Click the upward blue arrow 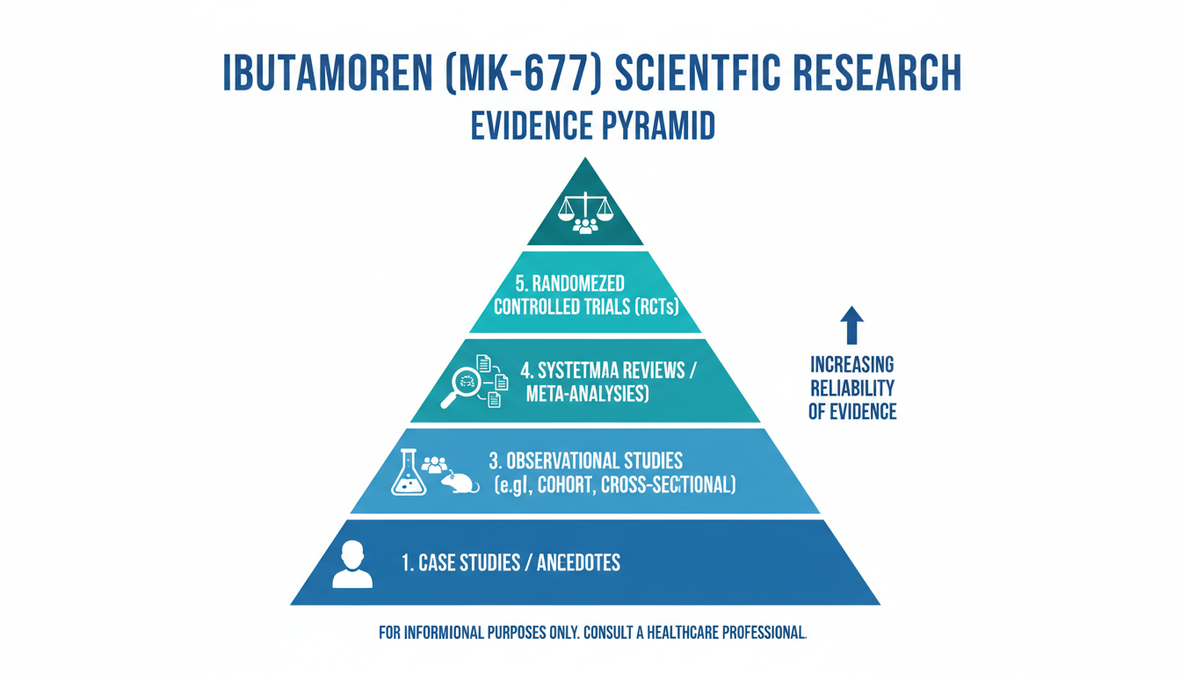point(851,324)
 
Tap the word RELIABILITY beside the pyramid point(852,388)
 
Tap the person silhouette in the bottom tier point(352,564)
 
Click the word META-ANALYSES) point(587,395)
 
